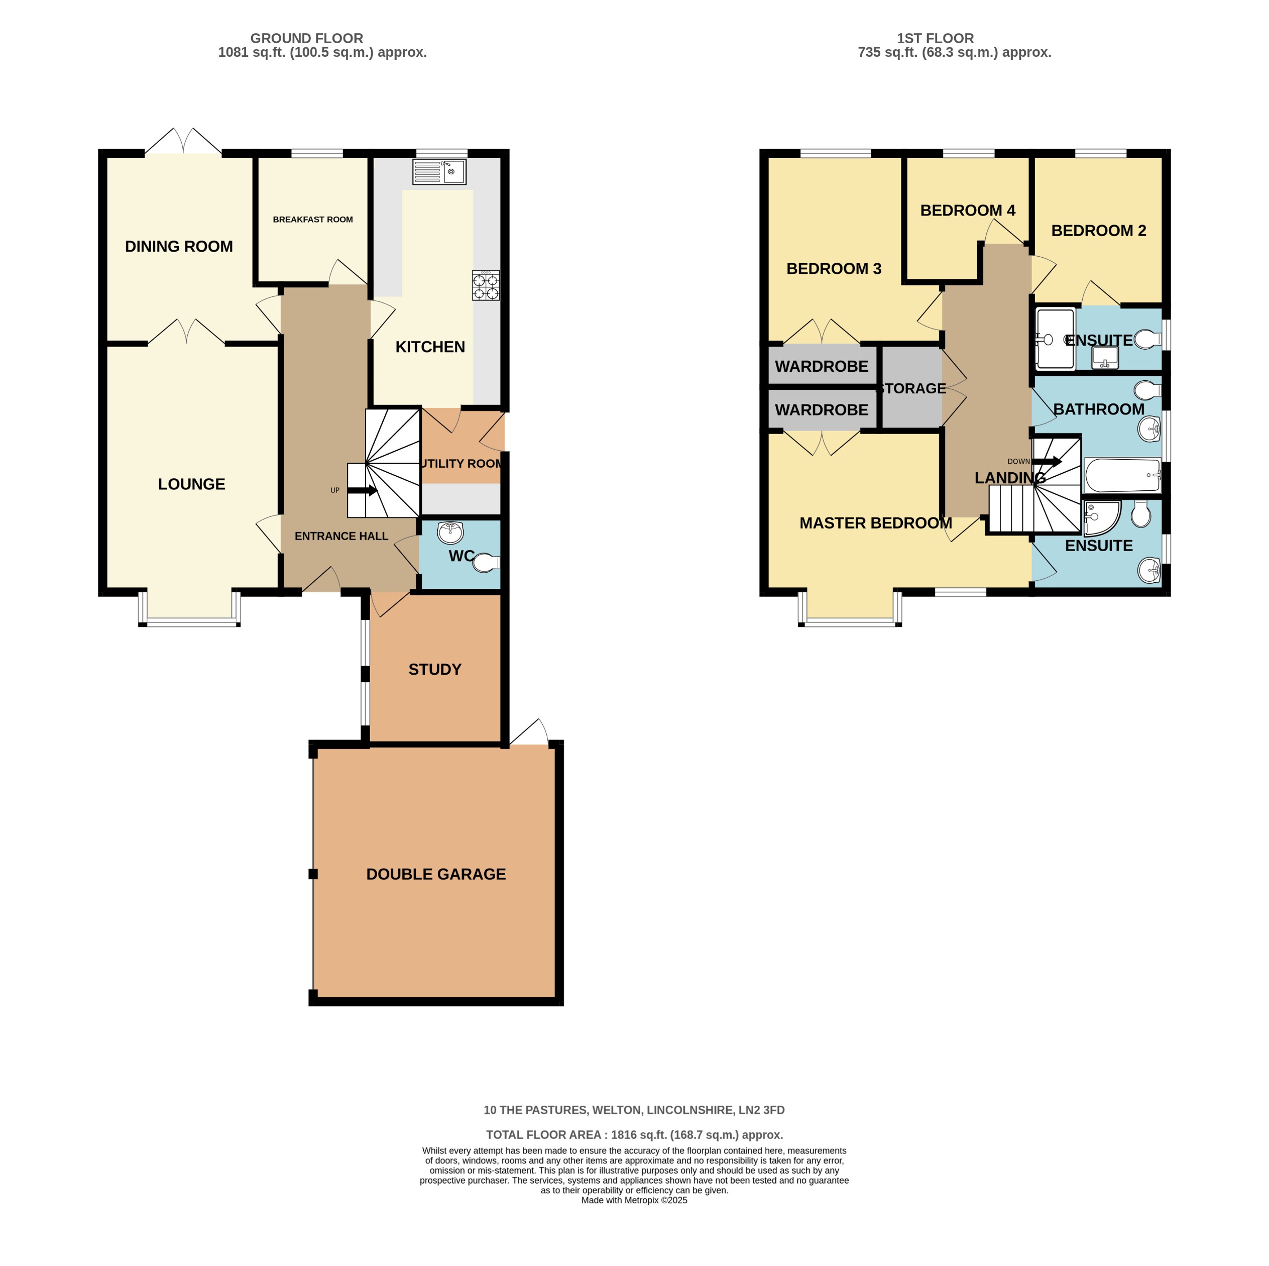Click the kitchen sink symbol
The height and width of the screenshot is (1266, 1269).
click(439, 171)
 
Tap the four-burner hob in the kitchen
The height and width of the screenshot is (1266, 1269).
click(486, 286)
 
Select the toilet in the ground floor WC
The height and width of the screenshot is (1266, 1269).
click(486, 563)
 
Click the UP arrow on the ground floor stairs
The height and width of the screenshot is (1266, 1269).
click(362, 490)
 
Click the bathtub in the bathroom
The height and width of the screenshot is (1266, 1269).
click(1122, 475)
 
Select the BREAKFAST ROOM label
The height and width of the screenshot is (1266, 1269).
click(313, 220)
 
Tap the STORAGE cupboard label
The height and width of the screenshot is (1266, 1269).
click(912, 388)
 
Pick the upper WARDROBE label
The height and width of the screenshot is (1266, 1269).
click(821, 366)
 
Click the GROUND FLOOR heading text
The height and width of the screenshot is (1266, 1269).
click(306, 38)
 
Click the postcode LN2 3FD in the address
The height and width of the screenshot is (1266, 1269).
click(761, 1110)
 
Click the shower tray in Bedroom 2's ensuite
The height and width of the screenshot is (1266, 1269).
click(1055, 339)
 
